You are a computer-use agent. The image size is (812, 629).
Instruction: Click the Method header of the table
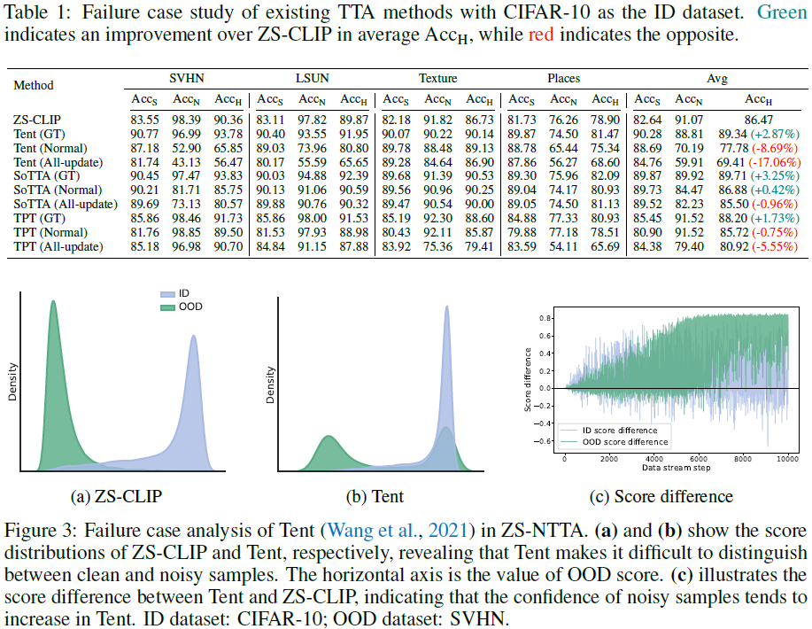point(34,85)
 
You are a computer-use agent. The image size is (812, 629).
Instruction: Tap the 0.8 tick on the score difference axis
point(546,318)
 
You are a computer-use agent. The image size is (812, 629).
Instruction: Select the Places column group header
point(564,79)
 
